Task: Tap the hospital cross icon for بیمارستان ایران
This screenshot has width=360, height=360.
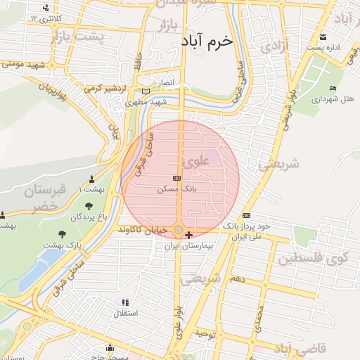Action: [x=188, y=234]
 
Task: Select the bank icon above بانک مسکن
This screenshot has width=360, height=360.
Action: [x=176, y=179]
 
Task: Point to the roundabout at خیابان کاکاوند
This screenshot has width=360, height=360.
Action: [x=180, y=230]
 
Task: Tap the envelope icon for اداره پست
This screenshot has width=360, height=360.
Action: [x=323, y=37]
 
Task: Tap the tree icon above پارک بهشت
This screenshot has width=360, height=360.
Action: [x=63, y=233]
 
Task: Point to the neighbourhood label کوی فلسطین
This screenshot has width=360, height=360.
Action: [x=313, y=258]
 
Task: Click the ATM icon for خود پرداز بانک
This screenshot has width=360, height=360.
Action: [x=246, y=215]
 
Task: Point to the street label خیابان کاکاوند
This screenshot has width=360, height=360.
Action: [x=144, y=230]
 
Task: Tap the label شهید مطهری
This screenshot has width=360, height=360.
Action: [x=146, y=102]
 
